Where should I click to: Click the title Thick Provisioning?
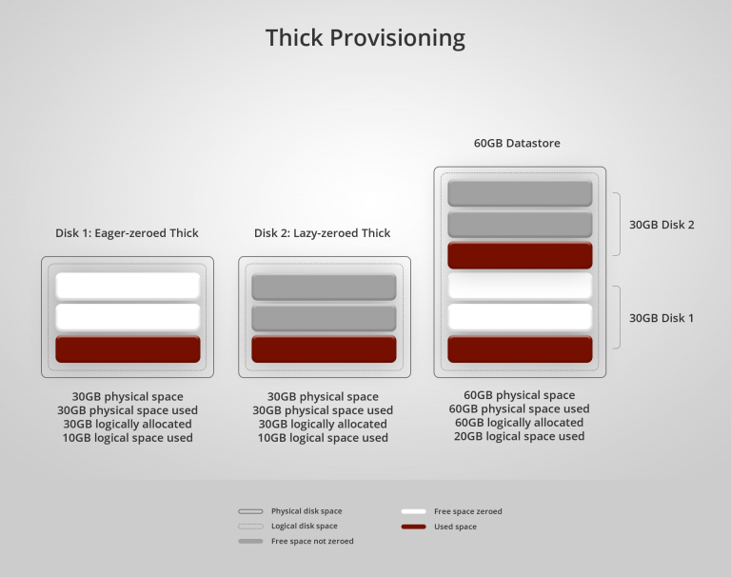(x=365, y=38)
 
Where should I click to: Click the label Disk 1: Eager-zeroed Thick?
(x=127, y=233)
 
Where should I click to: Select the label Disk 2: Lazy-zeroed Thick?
(x=322, y=233)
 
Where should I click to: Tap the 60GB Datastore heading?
(x=517, y=144)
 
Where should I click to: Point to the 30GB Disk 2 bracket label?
(x=662, y=225)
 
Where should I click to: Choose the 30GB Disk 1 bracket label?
(x=662, y=318)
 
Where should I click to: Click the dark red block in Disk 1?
(x=128, y=348)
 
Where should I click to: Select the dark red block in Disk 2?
(x=324, y=348)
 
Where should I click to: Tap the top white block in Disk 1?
(x=128, y=286)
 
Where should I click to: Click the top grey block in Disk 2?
(x=324, y=287)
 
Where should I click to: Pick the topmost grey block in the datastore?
(x=520, y=193)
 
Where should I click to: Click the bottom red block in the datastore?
(x=520, y=348)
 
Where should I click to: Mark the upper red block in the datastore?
(x=520, y=255)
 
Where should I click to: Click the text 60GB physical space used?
(x=520, y=409)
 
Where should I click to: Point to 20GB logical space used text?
(x=520, y=436)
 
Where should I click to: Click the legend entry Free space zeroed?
(x=467, y=511)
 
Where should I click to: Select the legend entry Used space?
(x=455, y=527)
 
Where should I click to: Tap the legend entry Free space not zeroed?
(x=311, y=541)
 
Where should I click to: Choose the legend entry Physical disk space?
(x=306, y=511)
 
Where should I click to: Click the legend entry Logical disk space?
(x=304, y=526)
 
